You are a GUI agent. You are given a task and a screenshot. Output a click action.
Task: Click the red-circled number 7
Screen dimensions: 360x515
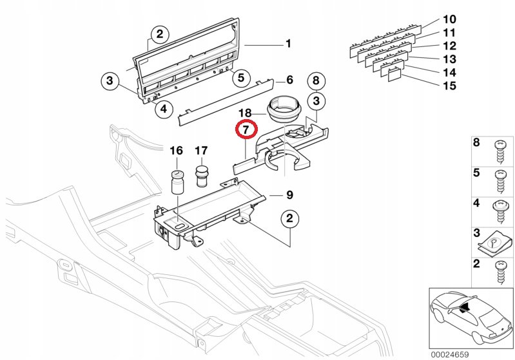pyautogui.click(x=246, y=130)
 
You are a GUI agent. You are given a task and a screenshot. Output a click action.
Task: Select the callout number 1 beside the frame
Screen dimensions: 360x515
pyautogui.click(x=288, y=44)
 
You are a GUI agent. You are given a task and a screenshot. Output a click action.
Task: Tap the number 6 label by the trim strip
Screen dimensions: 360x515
pyautogui.click(x=289, y=80)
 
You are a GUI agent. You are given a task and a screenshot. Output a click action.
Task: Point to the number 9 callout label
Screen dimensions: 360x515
pyautogui.click(x=289, y=195)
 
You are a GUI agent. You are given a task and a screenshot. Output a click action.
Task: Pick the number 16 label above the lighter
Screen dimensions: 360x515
pyautogui.click(x=176, y=151)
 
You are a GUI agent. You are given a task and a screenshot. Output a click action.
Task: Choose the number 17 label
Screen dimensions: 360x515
pyautogui.click(x=201, y=151)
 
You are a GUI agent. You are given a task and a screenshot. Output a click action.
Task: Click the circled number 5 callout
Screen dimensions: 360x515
pyautogui.click(x=240, y=79)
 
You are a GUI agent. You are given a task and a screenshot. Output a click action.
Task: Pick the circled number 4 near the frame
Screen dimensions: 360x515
pyautogui.click(x=163, y=109)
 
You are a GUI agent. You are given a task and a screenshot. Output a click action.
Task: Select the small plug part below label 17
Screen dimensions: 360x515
pyautogui.click(x=202, y=173)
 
